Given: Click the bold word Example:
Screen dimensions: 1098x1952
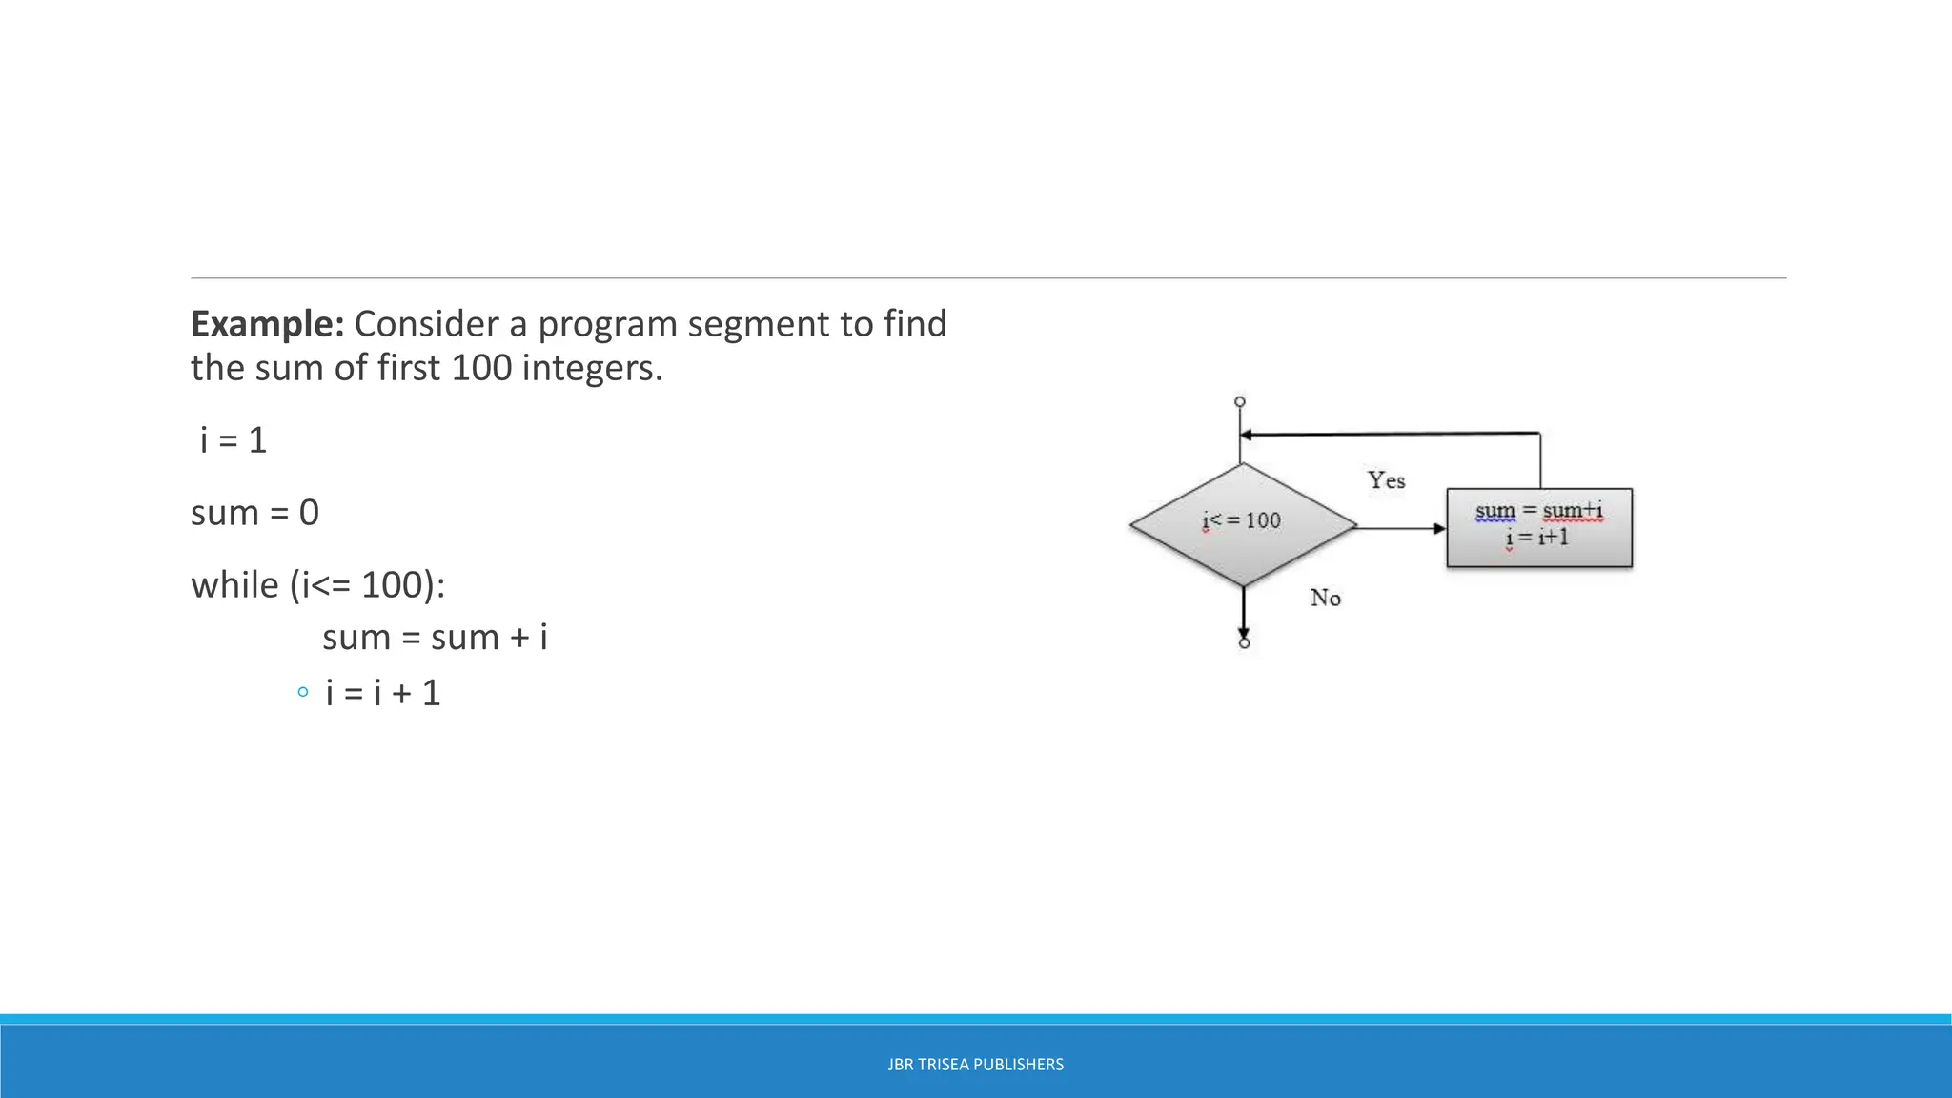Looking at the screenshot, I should [x=267, y=324].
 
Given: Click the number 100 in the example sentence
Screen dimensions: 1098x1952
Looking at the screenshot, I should [x=480, y=368].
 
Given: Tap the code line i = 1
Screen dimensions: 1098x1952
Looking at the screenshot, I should [x=234, y=440].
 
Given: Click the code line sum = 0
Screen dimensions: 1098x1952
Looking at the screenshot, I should [x=254, y=513].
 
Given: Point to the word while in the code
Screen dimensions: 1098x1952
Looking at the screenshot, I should [x=234, y=584].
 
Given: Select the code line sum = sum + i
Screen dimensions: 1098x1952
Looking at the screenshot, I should [x=435, y=637].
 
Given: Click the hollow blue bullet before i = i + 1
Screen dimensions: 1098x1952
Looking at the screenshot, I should [x=302, y=693].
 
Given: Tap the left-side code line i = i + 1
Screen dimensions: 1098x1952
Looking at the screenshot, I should [x=383, y=693].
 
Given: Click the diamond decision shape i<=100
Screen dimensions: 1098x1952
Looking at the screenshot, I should [x=1243, y=525].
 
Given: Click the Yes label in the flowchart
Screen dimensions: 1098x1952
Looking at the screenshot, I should [x=1386, y=480].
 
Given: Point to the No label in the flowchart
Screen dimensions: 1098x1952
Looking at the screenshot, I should [x=1325, y=598].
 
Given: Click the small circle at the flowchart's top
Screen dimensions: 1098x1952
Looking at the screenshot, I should [x=1240, y=402].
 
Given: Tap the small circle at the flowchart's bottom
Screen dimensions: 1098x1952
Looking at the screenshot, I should [x=1244, y=643].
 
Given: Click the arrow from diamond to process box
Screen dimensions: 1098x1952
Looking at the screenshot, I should [x=1401, y=528].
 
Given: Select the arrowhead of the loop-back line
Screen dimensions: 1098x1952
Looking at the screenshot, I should [x=1246, y=436].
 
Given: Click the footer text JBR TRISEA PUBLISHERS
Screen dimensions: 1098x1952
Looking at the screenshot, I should [x=975, y=1065].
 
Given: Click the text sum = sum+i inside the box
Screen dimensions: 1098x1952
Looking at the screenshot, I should [x=1538, y=511].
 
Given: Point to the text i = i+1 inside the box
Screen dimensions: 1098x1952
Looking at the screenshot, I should [x=1536, y=538].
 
